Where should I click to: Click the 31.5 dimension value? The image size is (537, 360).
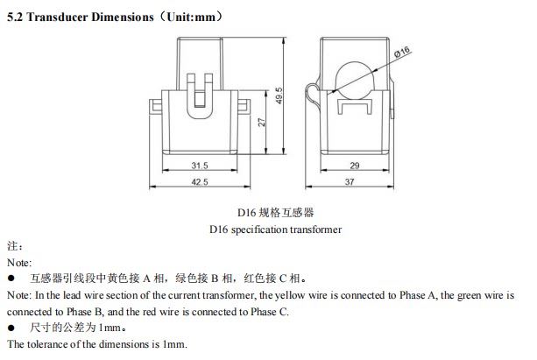click(199, 165)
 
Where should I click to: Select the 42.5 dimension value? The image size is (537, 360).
click(199, 181)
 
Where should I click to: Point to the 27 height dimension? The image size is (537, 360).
click(260, 123)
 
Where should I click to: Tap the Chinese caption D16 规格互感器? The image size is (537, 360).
click(275, 212)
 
